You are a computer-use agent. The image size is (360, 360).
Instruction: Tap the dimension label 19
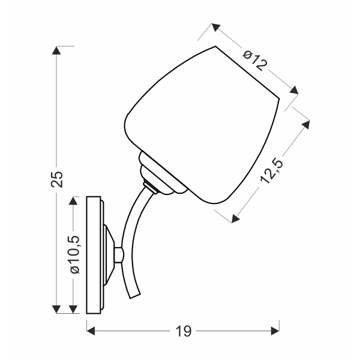[183, 329]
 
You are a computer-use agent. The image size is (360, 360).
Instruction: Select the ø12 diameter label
[255, 59]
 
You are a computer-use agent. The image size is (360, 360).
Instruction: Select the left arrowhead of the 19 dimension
[91, 329]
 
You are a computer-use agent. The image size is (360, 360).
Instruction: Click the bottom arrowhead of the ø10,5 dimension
[74, 310]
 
